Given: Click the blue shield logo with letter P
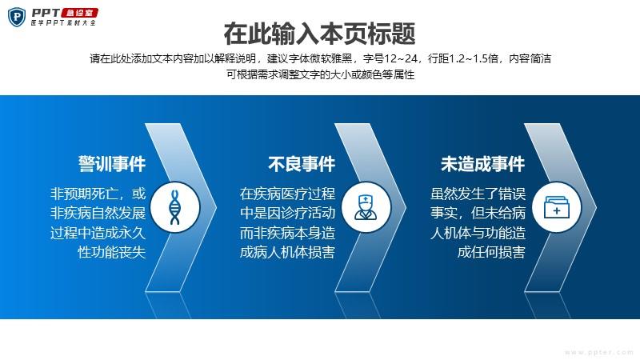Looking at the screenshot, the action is pos(17,17).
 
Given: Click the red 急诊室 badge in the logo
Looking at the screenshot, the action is pos(79,13).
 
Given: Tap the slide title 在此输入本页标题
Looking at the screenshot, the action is pos(319,34).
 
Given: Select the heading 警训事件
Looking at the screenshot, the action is pos(112,164).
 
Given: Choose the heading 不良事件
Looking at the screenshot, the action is pos(302,164).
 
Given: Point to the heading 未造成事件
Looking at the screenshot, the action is pos(483,164).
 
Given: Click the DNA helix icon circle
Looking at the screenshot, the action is pos(175,207).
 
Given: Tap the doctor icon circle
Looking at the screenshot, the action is pos(366,207).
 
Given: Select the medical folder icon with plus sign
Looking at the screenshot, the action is pos(556,207).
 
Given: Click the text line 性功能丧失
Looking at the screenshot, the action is pos(112,252).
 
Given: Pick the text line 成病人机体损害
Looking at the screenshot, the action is pos(287,252).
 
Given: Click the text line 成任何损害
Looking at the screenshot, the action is pos(491,252).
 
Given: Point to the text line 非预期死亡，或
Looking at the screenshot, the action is pos(98,194).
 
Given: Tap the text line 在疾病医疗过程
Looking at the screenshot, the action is pos(287,194).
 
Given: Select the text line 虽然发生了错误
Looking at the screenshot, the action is pos(478,194).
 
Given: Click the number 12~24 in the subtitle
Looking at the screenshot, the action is pos(401,58).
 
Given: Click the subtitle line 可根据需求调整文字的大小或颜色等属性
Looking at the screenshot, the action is pos(321,74).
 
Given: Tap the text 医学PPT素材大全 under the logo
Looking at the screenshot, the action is pos(63,23).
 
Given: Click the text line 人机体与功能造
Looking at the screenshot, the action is pos(478,233).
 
